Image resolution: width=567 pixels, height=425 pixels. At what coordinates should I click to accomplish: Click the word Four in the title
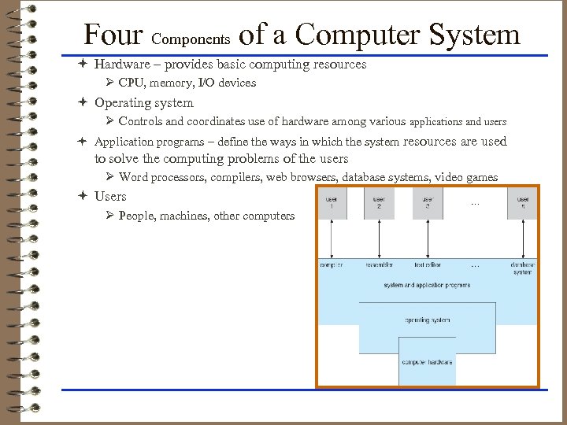click(x=113, y=35)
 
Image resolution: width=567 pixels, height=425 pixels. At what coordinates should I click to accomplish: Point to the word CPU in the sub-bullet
click(x=130, y=83)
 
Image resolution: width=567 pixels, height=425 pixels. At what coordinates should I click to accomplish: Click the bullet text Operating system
click(x=143, y=102)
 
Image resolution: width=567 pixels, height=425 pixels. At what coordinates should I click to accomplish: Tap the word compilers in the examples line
click(x=236, y=177)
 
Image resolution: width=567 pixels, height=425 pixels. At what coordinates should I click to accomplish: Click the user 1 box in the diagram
click(x=333, y=203)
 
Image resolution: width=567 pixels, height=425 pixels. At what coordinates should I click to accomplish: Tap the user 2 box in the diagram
click(x=379, y=203)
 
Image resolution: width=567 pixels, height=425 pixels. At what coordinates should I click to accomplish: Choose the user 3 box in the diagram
click(x=427, y=203)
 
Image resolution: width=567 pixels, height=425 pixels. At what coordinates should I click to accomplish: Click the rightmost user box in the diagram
click(x=523, y=203)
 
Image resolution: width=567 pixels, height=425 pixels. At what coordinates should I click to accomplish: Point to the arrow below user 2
click(x=379, y=239)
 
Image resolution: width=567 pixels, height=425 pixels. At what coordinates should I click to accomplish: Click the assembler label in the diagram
click(x=379, y=265)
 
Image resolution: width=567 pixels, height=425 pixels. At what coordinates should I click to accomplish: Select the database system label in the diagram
click(x=522, y=268)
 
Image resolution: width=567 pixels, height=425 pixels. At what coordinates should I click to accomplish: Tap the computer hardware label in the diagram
click(x=428, y=361)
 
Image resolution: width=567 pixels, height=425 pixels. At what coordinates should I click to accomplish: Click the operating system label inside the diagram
click(x=428, y=320)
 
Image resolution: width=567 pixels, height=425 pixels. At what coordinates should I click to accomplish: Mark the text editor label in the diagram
click(x=427, y=265)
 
